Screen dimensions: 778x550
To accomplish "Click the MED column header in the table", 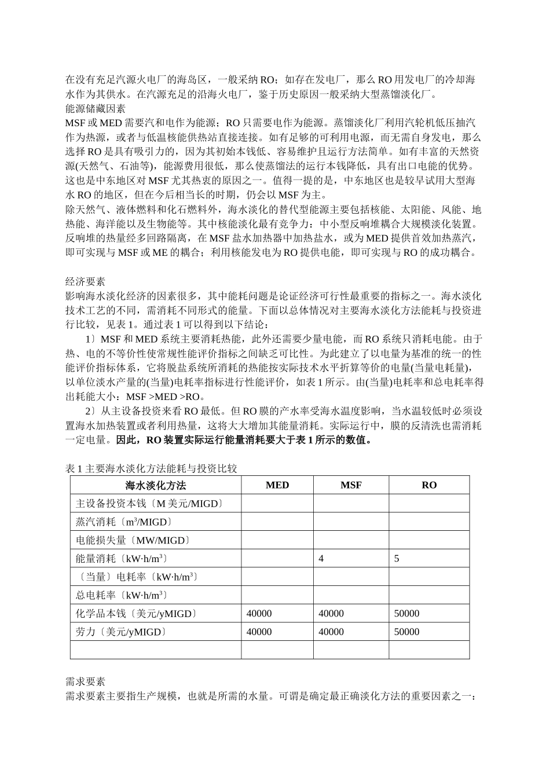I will [277, 485].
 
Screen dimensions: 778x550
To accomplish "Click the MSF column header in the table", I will [351, 485].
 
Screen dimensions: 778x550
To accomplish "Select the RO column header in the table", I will [429, 485].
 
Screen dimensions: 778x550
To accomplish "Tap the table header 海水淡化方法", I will [156, 485].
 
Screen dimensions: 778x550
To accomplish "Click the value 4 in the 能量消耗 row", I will [321, 559].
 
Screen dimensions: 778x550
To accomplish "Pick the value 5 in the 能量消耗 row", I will [397, 559].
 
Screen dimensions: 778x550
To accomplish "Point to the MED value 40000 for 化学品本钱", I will [259, 614].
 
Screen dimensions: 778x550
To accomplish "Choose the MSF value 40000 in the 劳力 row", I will [331, 632].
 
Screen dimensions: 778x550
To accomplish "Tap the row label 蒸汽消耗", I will [124, 522].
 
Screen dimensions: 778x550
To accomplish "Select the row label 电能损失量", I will [133, 540].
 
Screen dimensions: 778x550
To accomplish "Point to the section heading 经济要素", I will [85, 282].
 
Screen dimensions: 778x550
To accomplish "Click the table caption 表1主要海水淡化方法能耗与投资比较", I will [151, 468].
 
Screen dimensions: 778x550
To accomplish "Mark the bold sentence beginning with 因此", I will [244, 440].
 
